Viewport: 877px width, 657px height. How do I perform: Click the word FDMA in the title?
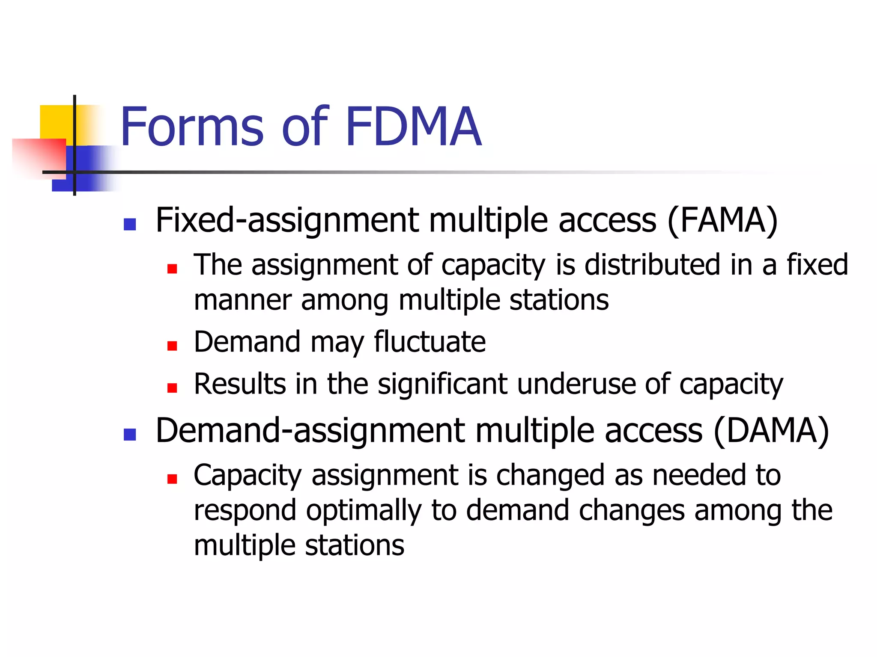click(x=413, y=127)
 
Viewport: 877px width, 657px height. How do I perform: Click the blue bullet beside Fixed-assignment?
click(x=129, y=225)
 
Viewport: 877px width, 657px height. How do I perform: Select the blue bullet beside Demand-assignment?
click(x=129, y=435)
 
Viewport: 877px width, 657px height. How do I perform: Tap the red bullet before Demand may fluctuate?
click(x=172, y=346)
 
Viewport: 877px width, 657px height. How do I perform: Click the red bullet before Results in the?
click(x=172, y=388)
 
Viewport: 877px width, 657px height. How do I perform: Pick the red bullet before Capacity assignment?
click(x=172, y=479)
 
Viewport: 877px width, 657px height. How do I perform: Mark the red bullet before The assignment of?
click(x=172, y=269)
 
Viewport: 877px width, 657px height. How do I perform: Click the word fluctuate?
click(x=430, y=342)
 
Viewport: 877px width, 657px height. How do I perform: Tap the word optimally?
click(x=364, y=511)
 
